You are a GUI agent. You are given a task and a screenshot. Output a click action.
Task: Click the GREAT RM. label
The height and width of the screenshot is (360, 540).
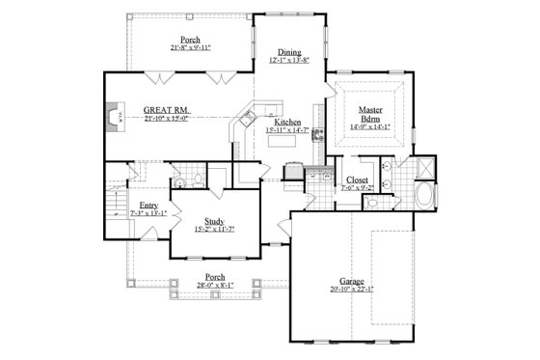coord(165,109)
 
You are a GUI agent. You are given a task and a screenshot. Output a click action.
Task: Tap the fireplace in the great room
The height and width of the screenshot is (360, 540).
coord(113,119)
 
